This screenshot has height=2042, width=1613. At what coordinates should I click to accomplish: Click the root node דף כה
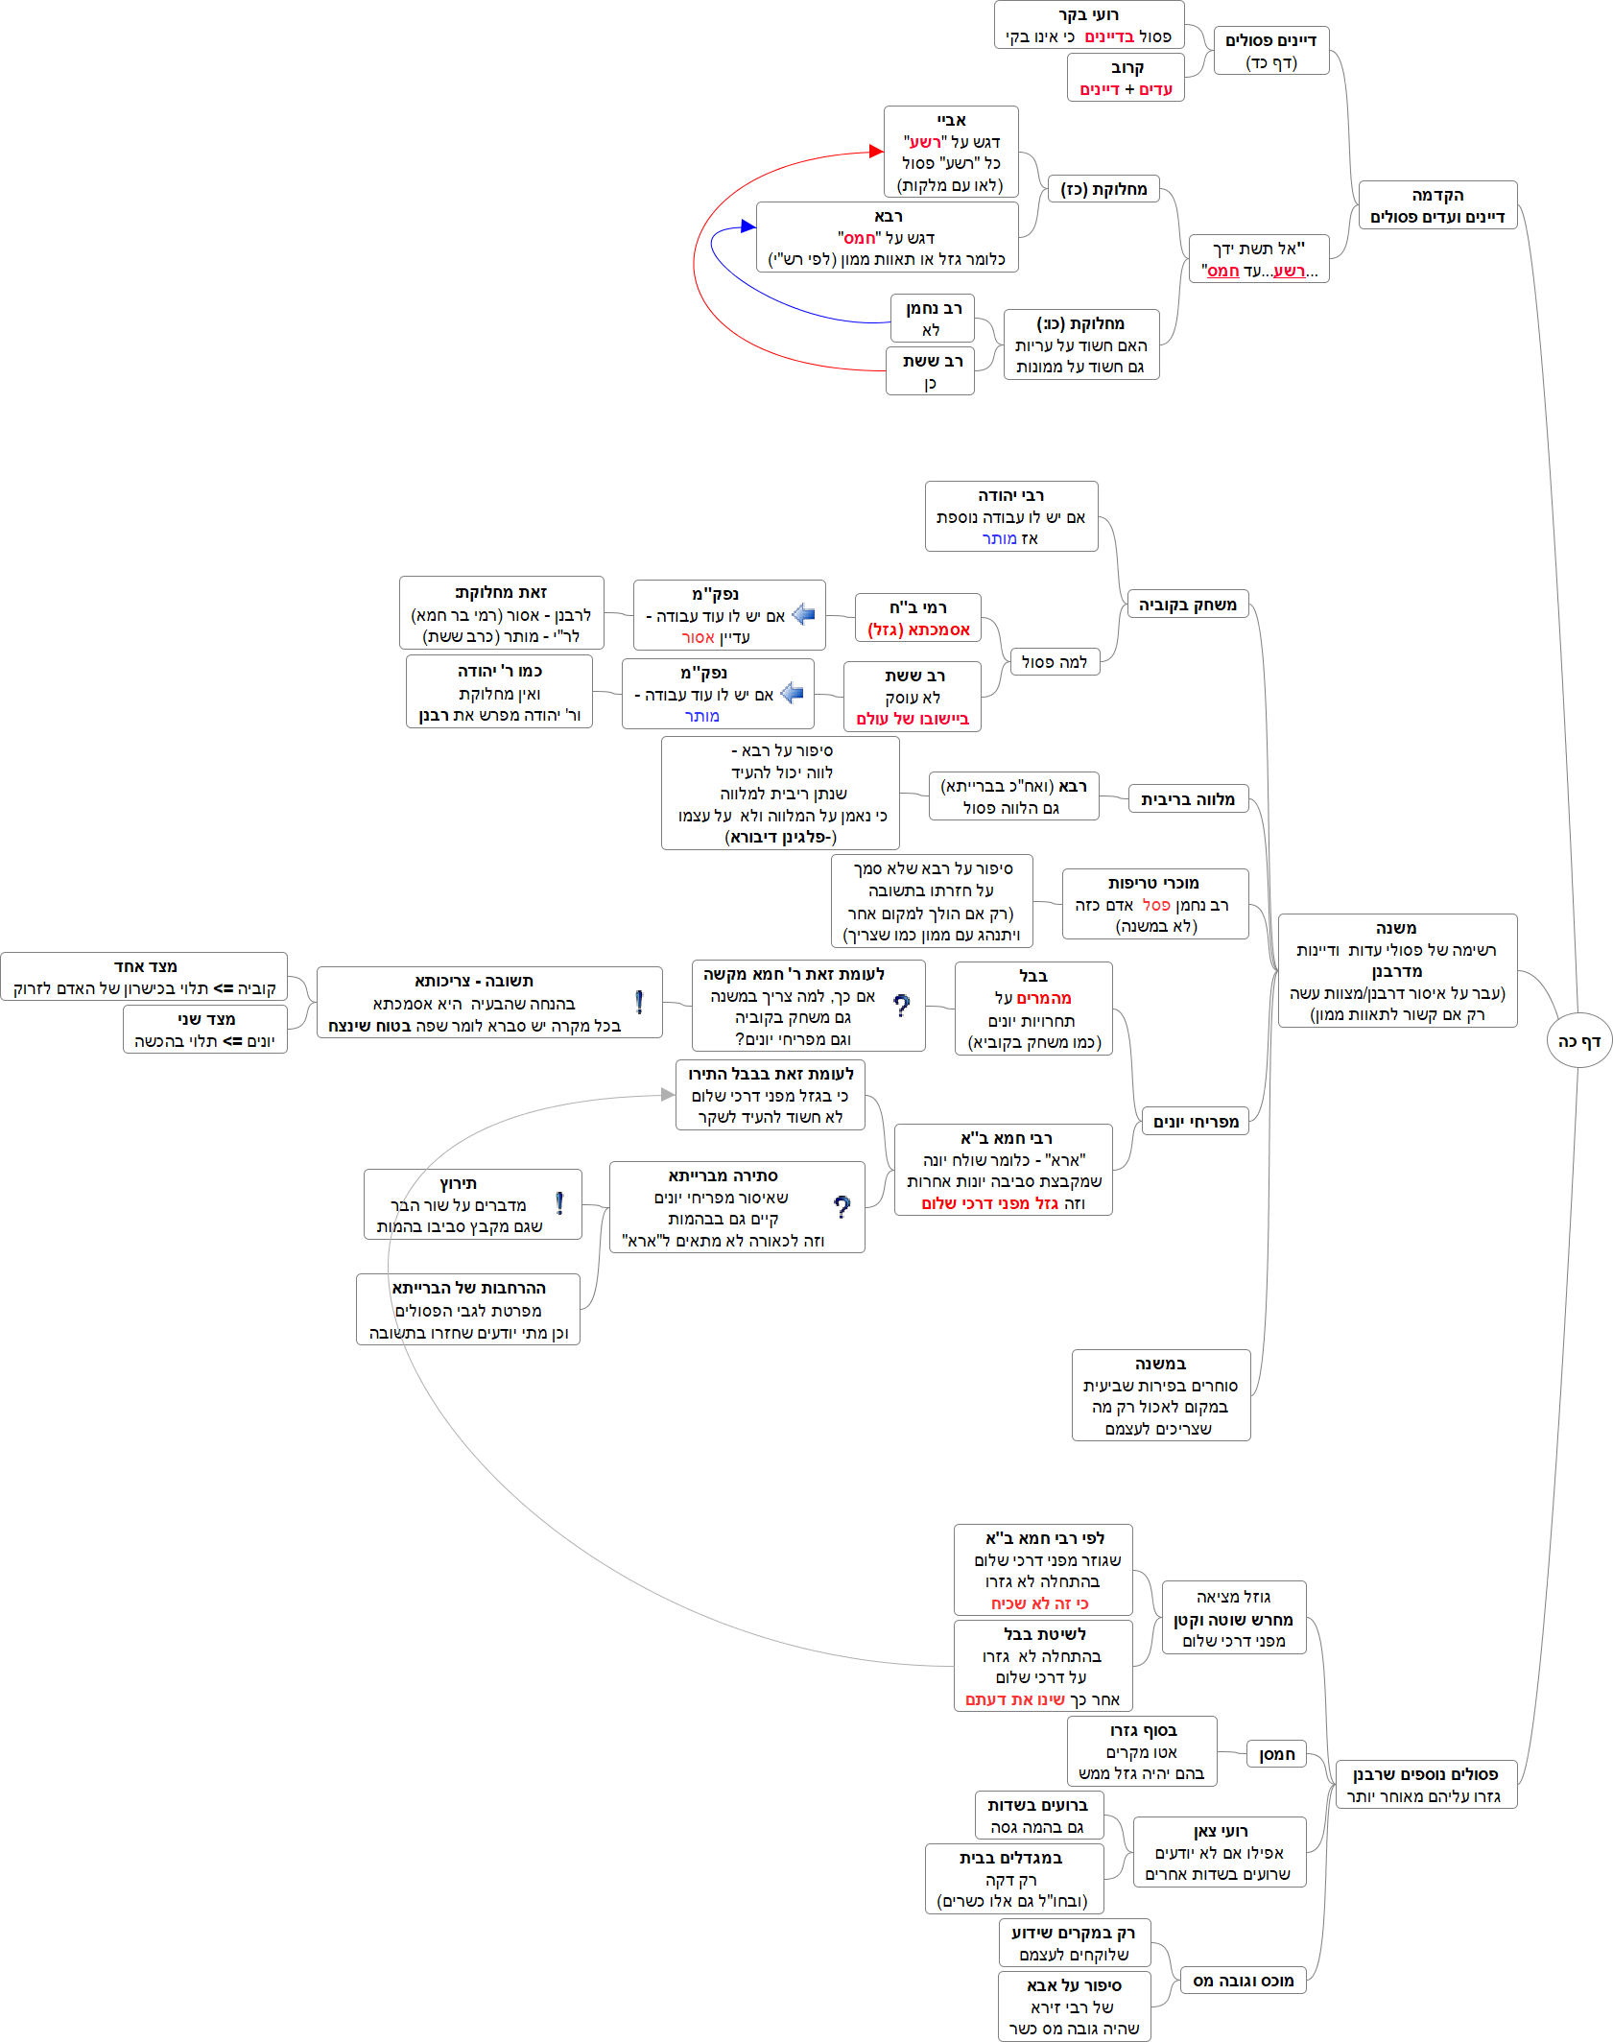click(1578, 1041)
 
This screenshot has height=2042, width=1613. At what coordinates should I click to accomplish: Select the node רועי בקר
click(1089, 25)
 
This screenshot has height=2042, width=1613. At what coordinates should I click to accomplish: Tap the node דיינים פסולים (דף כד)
click(1270, 51)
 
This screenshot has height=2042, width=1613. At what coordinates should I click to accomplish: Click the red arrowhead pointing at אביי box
click(876, 151)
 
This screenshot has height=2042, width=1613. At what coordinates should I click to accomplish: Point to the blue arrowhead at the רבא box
click(748, 226)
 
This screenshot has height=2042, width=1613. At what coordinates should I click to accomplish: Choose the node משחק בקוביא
click(1187, 605)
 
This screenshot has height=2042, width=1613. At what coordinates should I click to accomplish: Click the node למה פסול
click(1055, 662)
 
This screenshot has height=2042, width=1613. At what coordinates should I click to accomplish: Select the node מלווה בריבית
click(1188, 799)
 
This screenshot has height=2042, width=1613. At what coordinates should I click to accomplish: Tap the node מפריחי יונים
click(1196, 1122)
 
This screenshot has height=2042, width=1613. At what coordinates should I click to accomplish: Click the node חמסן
click(1276, 1754)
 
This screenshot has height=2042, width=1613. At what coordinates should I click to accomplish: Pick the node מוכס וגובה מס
click(1243, 1981)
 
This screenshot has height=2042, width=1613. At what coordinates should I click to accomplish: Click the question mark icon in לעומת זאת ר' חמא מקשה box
click(902, 1006)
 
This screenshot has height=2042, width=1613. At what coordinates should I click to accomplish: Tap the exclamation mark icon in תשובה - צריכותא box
click(639, 1002)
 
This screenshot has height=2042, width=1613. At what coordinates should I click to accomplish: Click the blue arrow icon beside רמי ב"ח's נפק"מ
click(803, 615)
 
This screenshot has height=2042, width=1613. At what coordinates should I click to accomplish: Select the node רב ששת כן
click(930, 371)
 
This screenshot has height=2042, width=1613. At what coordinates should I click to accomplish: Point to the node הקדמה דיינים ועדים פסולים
click(1437, 205)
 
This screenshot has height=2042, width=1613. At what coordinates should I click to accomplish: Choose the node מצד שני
click(205, 1030)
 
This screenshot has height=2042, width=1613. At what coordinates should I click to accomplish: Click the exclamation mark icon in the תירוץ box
click(559, 1203)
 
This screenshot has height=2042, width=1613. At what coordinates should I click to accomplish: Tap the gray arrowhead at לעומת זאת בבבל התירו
click(669, 1095)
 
